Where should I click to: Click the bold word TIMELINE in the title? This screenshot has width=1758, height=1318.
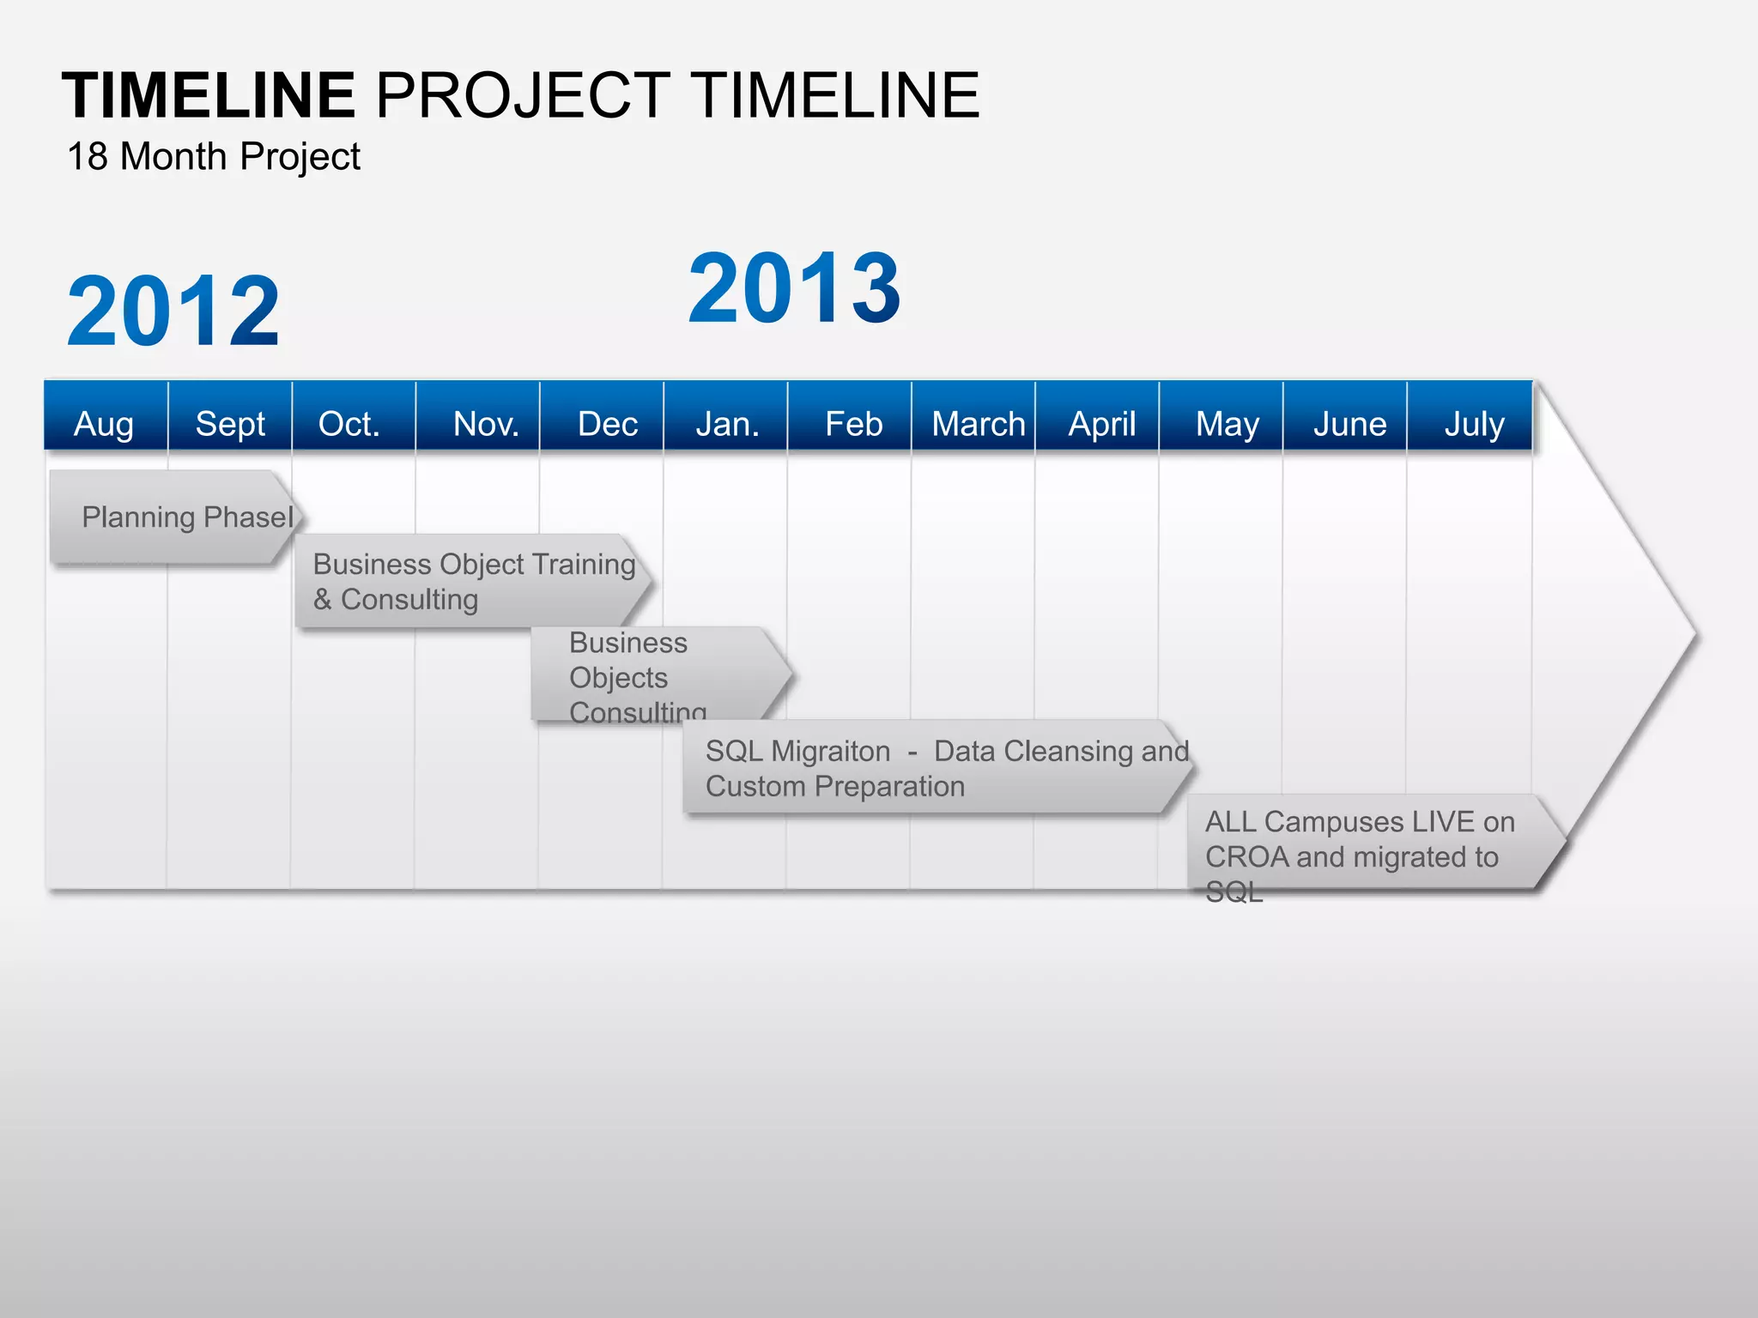209,95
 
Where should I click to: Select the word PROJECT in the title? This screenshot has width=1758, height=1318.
523,95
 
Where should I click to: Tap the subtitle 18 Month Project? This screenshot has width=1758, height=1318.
213,157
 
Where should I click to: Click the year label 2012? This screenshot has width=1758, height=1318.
173,311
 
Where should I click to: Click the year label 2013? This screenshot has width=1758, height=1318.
794,288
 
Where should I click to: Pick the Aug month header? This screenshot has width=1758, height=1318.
105,423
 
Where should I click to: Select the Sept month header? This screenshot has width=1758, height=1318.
230,423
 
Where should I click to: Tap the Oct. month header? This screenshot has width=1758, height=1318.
349,423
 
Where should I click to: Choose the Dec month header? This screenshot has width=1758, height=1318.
607,423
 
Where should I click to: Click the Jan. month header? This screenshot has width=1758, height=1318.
727,423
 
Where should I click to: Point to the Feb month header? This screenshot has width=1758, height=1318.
853,423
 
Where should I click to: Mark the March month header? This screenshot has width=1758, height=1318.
978,423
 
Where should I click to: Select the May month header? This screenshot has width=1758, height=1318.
1227,423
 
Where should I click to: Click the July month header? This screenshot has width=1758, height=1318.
1473,423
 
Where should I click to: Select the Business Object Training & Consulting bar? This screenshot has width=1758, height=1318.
472,581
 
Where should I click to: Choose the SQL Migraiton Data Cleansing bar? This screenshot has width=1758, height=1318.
936,767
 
